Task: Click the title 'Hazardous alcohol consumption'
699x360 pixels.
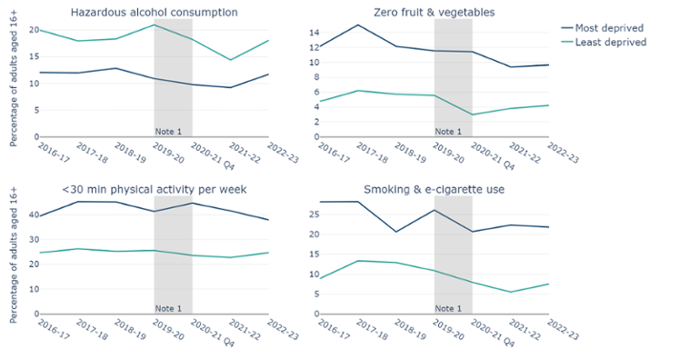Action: tap(155, 13)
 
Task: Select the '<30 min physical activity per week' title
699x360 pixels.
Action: tap(155, 189)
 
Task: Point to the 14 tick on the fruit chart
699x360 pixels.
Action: tap(310, 33)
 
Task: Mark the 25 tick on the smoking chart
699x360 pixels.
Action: tap(310, 215)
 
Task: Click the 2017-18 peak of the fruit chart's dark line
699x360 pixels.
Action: tap(357, 25)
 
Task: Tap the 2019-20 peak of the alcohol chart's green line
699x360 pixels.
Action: tap(155, 25)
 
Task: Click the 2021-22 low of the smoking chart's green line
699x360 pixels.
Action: tap(511, 292)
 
